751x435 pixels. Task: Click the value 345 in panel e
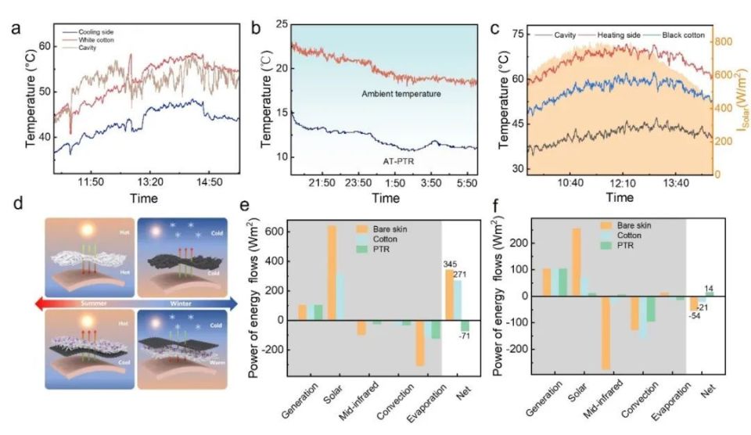click(453, 263)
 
